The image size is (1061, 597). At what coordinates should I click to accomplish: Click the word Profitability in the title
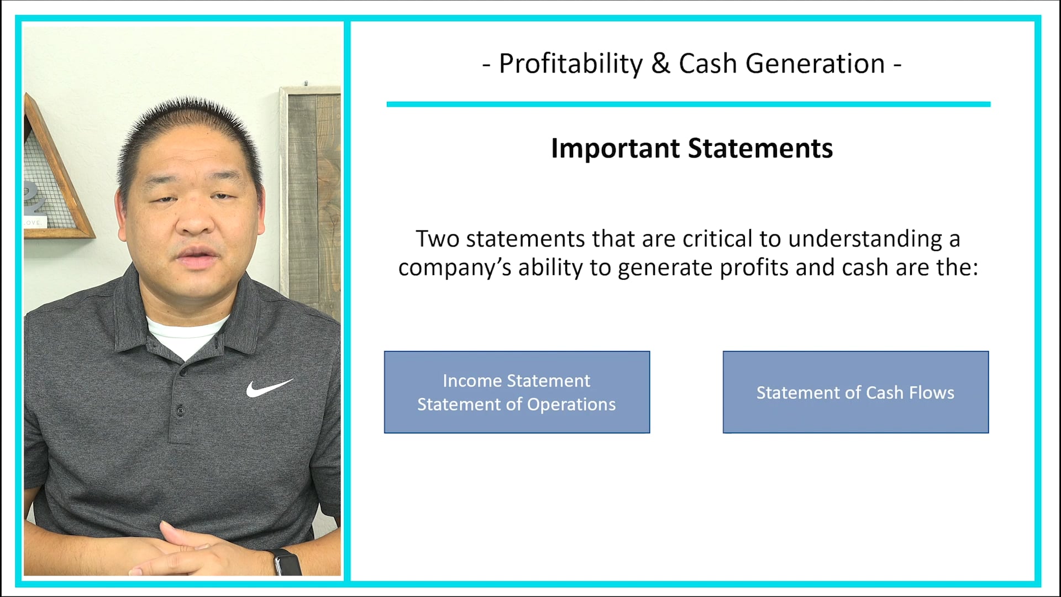click(571, 64)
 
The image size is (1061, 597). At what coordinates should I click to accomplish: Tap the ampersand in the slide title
click(660, 64)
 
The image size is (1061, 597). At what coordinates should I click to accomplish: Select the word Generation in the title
click(815, 64)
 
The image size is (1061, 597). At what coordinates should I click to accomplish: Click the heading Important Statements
click(691, 148)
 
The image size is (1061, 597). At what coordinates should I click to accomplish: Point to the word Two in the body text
click(437, 239)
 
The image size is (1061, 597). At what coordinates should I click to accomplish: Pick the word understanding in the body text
click(865, 239)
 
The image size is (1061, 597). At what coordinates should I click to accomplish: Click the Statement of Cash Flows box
click(855, 392)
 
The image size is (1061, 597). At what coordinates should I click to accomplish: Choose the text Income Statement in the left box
click(516, 380)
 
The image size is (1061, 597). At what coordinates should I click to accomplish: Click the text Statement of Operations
click(516, 405)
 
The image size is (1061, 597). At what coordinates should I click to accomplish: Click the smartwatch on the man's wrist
click(287, 562)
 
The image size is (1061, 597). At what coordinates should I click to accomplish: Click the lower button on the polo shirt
click(180, 410)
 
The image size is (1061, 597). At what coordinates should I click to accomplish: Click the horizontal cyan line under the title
click(688, 104)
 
